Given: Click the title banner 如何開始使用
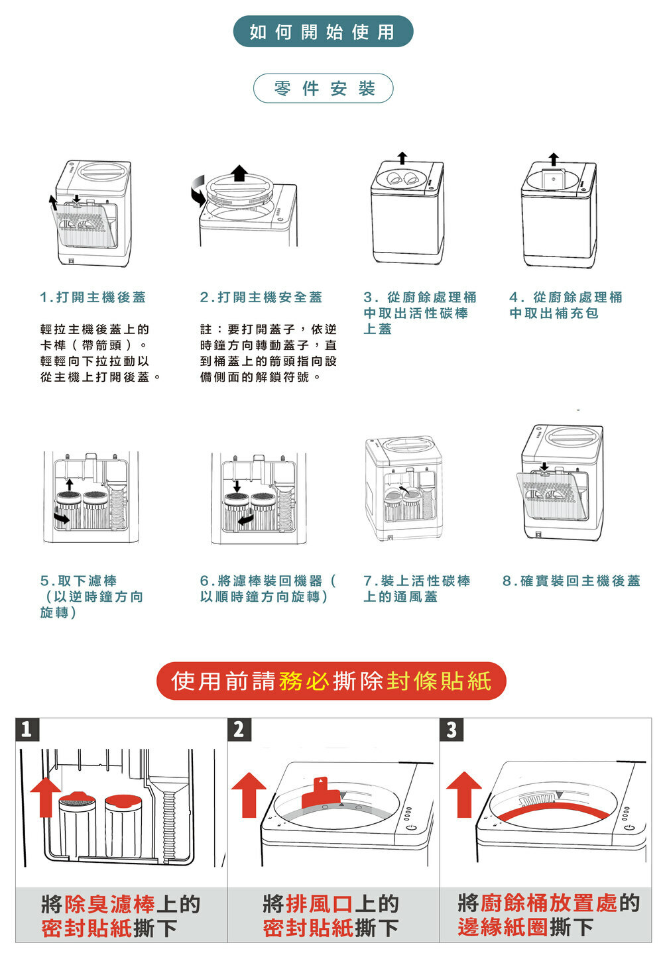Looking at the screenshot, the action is click(x=323, y=31).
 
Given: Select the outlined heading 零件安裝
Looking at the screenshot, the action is click(x=324, y=88).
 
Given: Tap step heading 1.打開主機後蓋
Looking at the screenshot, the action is click(x=93, y=298).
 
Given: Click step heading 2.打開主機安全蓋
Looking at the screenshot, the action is click(x=261, y=298).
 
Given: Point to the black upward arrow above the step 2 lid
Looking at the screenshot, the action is click(x=239, y=173).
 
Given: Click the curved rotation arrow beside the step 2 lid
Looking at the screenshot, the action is click(x=197, y=190).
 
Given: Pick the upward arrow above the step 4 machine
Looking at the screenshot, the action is click(x=554, y=159).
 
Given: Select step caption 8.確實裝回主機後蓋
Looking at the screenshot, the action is click(x=572, y=581).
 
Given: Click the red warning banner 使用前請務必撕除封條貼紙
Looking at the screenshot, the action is click(x=331, y=681).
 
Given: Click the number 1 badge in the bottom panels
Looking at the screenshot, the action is click(x=27, y=730).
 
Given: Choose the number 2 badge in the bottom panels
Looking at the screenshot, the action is click(x=239, y=730).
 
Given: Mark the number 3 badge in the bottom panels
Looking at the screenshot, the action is click(x=452, y=730).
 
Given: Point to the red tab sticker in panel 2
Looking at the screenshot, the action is click(x=320, y=795).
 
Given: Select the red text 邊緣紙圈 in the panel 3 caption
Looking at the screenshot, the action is click(x=503, y=927).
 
